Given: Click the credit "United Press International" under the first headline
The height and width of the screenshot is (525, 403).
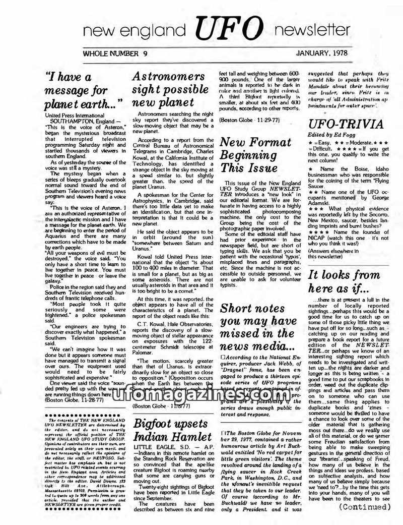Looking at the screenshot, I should (x=76, y=115).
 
